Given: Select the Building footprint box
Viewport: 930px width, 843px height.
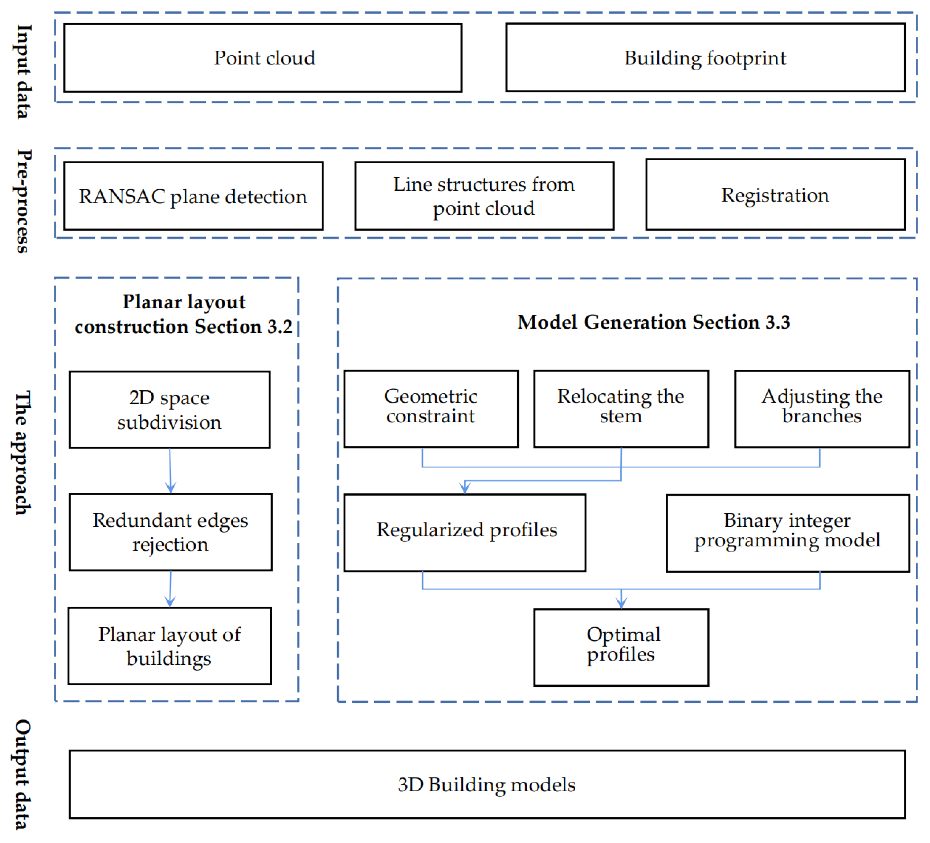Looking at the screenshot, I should [705, 58].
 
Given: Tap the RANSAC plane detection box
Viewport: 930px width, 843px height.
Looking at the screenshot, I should [193, 196].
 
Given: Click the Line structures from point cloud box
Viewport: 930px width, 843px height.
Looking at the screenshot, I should [484, 196].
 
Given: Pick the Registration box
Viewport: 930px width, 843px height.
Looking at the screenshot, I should [775, 195].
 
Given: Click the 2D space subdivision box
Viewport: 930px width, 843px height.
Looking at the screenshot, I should [170, 409].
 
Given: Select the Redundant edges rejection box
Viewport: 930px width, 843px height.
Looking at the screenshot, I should [171, 532].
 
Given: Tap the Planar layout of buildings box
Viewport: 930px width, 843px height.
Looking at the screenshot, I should [170, 646].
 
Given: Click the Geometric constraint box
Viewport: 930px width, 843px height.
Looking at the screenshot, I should [431, 409].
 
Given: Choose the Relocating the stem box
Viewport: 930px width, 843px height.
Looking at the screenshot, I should [621, 409].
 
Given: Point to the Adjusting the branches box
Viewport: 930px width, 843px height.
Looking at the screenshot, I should [822, 409].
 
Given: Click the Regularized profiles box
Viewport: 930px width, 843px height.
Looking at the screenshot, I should [465, 533].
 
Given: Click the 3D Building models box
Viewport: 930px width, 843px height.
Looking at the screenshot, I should [487, 784].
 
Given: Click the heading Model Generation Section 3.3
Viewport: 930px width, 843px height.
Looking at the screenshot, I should [654, 322].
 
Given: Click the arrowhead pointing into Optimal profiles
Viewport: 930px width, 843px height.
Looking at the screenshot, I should [621, 603].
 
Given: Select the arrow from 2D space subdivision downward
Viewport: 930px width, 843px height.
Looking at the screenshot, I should [170, 470].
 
